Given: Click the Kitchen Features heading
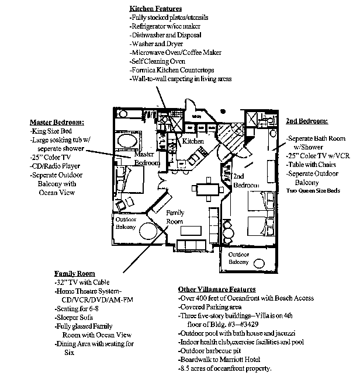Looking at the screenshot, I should (155, 9).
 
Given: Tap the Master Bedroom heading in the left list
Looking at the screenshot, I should (56, 123).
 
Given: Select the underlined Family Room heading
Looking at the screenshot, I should (74, 273).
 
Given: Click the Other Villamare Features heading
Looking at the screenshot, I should (216, 290).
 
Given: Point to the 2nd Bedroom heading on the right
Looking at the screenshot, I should (307, 121).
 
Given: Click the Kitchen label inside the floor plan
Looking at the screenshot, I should (193, 141).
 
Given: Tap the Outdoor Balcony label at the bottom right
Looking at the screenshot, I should (241, 259).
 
